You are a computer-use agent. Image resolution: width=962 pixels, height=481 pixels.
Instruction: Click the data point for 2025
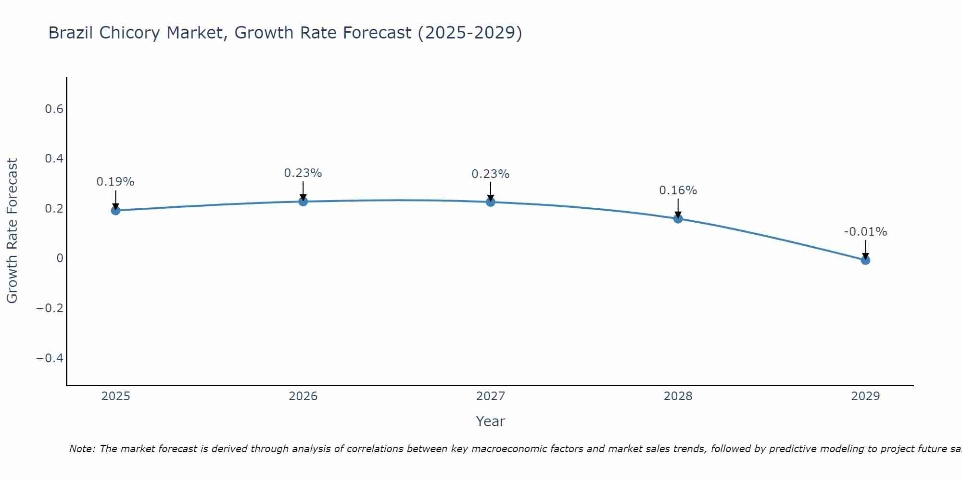pos(115,210)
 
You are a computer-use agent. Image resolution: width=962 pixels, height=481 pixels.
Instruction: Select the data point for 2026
pos(303,202)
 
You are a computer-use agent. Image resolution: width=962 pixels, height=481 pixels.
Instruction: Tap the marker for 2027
pos(491,202)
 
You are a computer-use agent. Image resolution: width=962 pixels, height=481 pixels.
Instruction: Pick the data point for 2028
pos(678,219)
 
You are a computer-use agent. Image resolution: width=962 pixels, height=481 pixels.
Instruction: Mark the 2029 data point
pos(865,260)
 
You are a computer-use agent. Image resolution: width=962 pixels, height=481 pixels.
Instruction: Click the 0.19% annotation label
pos(115,182)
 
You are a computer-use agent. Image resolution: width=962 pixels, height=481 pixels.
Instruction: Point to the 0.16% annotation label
pos(678,190)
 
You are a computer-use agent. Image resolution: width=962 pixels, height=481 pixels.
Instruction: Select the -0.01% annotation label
pos(865,232)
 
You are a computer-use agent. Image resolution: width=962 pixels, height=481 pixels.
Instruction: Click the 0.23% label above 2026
pos(303,173)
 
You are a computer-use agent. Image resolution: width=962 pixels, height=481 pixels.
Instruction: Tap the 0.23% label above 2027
pos(491,174)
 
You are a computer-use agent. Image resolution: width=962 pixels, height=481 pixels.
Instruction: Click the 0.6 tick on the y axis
pos(54,109)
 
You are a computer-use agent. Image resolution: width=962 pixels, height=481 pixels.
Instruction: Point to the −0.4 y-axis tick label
pos(50,358)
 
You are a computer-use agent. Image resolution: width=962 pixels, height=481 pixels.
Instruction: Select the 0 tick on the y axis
pos(60,258)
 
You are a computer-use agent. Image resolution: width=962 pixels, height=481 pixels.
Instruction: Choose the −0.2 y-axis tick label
pos(50,308)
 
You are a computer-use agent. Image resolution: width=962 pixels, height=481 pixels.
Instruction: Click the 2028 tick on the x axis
pos(678,396)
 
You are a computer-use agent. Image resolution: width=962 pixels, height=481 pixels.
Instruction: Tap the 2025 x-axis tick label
pos(115,396)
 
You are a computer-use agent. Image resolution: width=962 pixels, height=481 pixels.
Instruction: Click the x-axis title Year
pos(490,421)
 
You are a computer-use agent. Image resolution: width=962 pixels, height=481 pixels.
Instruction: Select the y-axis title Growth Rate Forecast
pos(12,231)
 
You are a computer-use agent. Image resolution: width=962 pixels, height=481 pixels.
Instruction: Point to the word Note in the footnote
pos(82,449)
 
